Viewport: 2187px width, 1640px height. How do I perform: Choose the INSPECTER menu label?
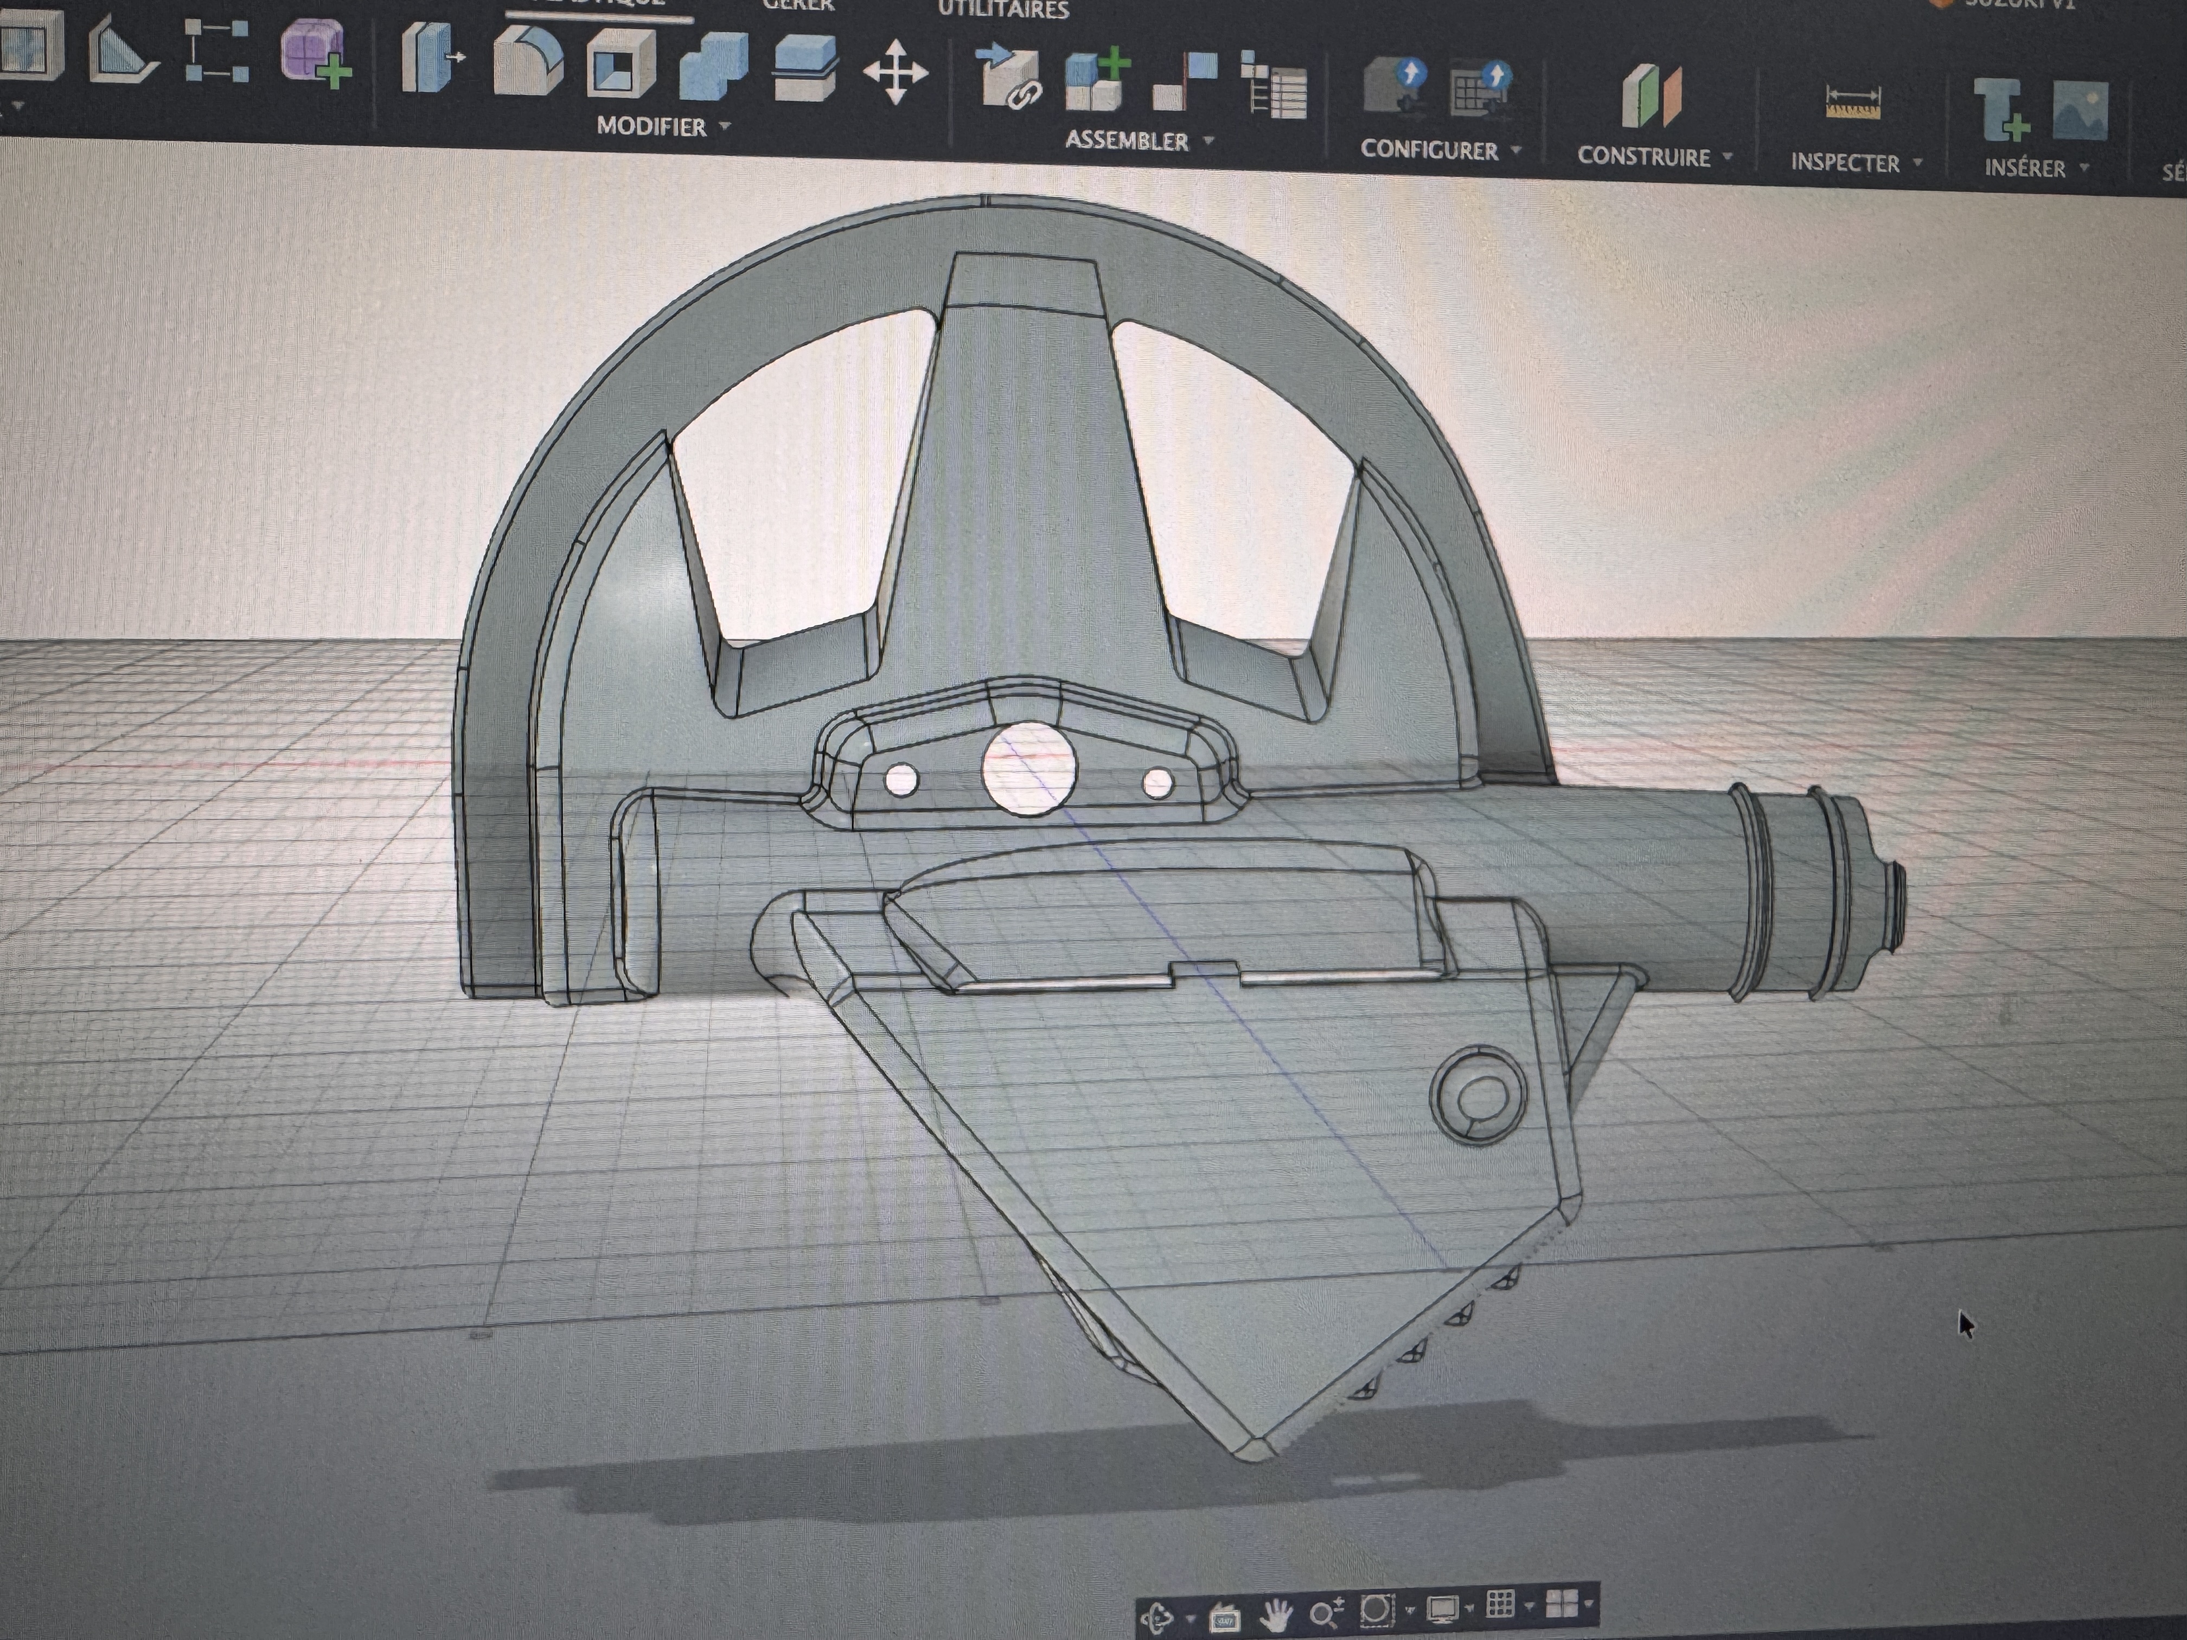pyautogui.click(x=1845, y=163)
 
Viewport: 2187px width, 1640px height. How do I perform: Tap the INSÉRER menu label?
pyautogui.click(x=2025, y=168)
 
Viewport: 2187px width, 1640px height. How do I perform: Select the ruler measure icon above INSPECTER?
pyautogui.click(x=1852, y=103)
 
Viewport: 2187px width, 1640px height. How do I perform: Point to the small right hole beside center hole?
pyautogui.click(x=1158, y=784)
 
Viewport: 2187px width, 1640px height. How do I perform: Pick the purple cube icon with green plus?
pyautogui.click(x=315, y=54)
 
